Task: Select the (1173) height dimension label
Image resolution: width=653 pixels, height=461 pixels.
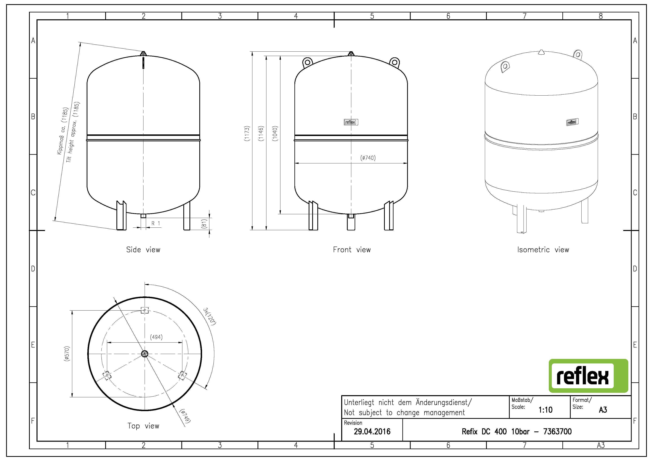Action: coord(247,133)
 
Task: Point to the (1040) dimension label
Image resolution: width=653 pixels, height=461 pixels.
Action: coord(275,133)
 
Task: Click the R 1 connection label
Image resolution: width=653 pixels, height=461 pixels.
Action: coord(156,224)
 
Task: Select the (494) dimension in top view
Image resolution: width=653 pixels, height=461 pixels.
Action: coord(156,337)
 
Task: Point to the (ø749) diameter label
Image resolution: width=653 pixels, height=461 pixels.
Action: coord(186,416)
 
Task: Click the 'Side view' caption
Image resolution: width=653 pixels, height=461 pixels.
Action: coord(143,250)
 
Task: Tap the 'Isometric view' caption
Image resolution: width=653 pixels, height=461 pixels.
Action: coord(543,250)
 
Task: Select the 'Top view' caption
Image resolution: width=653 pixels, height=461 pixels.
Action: coord(143,426)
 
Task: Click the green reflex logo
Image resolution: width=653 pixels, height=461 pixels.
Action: coord(588,376)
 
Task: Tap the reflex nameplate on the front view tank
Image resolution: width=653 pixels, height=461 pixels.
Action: coord(351,122)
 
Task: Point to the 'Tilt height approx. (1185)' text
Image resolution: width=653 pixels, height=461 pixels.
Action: coord(73,132)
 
